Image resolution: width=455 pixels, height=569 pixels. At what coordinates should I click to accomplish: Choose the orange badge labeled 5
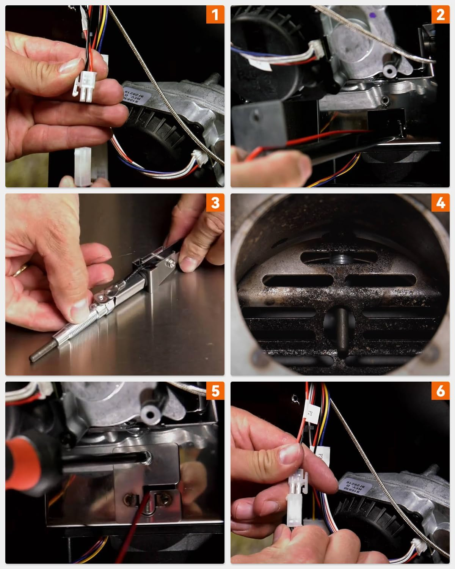click(215, 391)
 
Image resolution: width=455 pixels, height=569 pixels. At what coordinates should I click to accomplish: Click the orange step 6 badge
click(440, 391)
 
